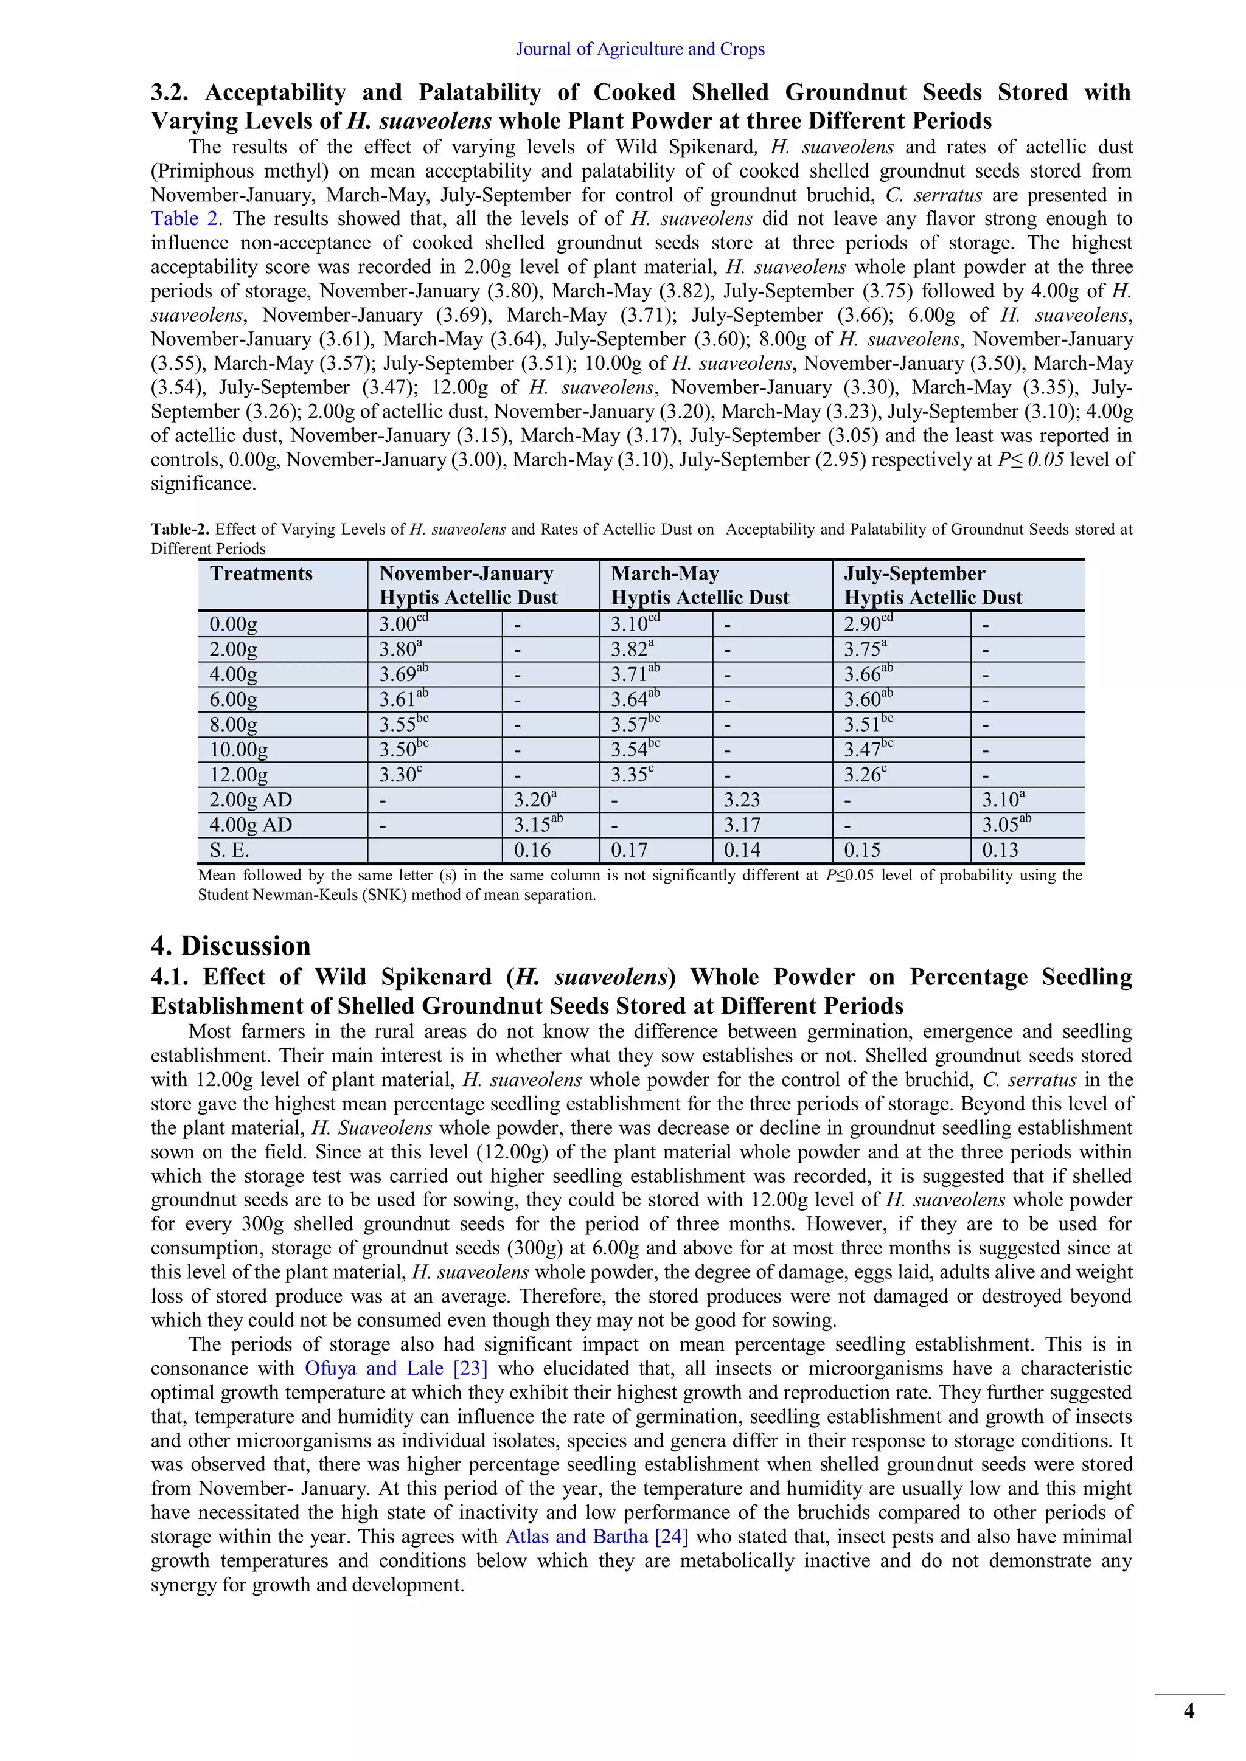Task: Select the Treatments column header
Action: pos(262,573)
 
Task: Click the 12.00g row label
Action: pos(238,775)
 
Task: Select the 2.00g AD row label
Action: pos(251,800)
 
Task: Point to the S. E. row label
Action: pos(229,850)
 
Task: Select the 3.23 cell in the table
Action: pos(742,800)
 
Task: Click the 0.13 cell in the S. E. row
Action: pos(1000,850)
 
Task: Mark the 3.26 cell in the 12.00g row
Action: pos(863,775)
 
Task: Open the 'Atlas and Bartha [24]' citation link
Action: pos(596,1537)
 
